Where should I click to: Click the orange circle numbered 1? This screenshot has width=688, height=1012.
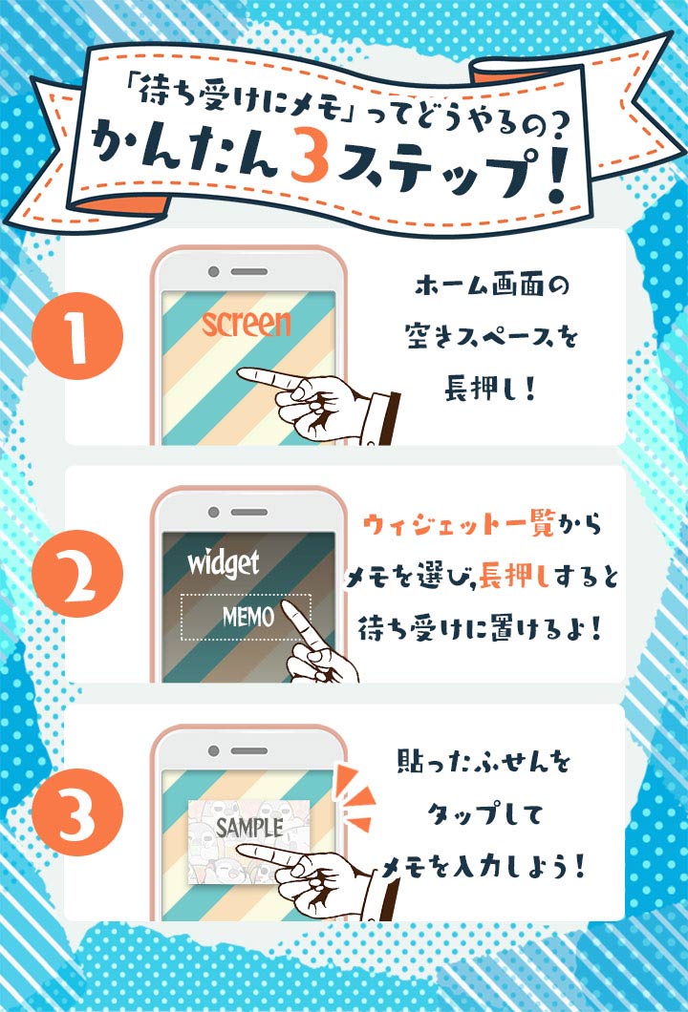pos(77,336)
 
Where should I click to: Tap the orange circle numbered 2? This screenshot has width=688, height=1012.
pos(77,573)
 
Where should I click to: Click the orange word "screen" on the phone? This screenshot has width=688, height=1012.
pos(247,323)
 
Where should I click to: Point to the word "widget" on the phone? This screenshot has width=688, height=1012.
pos(224,563)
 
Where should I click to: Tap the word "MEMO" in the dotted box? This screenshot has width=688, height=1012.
pos(248,617)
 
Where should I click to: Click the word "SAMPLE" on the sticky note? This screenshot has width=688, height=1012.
pos(249,828)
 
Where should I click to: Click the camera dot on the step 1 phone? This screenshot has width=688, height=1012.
pos(213,272)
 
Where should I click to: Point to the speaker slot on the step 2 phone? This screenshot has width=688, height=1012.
pos(248,513)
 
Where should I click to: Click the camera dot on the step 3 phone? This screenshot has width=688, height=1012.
pos(213,750)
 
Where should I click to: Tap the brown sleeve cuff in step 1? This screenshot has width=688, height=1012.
pos(390,417)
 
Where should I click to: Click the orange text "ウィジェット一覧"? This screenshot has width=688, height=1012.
pos(459,524)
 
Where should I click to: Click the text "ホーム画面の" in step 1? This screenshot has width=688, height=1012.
pos(492,285)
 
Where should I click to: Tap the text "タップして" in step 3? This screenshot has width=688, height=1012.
pos(484,813)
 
